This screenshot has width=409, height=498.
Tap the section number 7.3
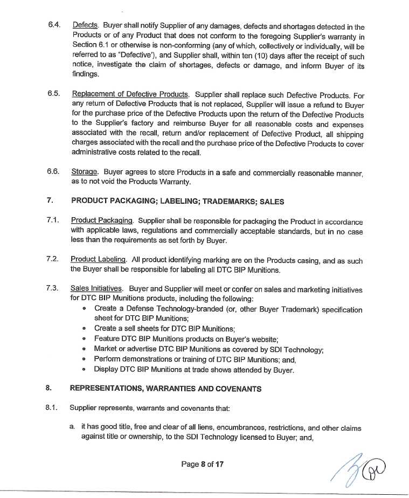click(x=52, y=289)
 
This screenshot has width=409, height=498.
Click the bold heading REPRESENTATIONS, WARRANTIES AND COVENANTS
click(x=166, y=388)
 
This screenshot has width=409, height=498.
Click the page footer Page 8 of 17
click(x=202, y=464)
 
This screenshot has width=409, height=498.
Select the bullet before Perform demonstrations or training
click(x=85, y=359)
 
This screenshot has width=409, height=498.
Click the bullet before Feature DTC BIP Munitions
click(x=85, y=339)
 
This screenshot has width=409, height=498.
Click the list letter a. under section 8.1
click(x=72, y=427)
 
